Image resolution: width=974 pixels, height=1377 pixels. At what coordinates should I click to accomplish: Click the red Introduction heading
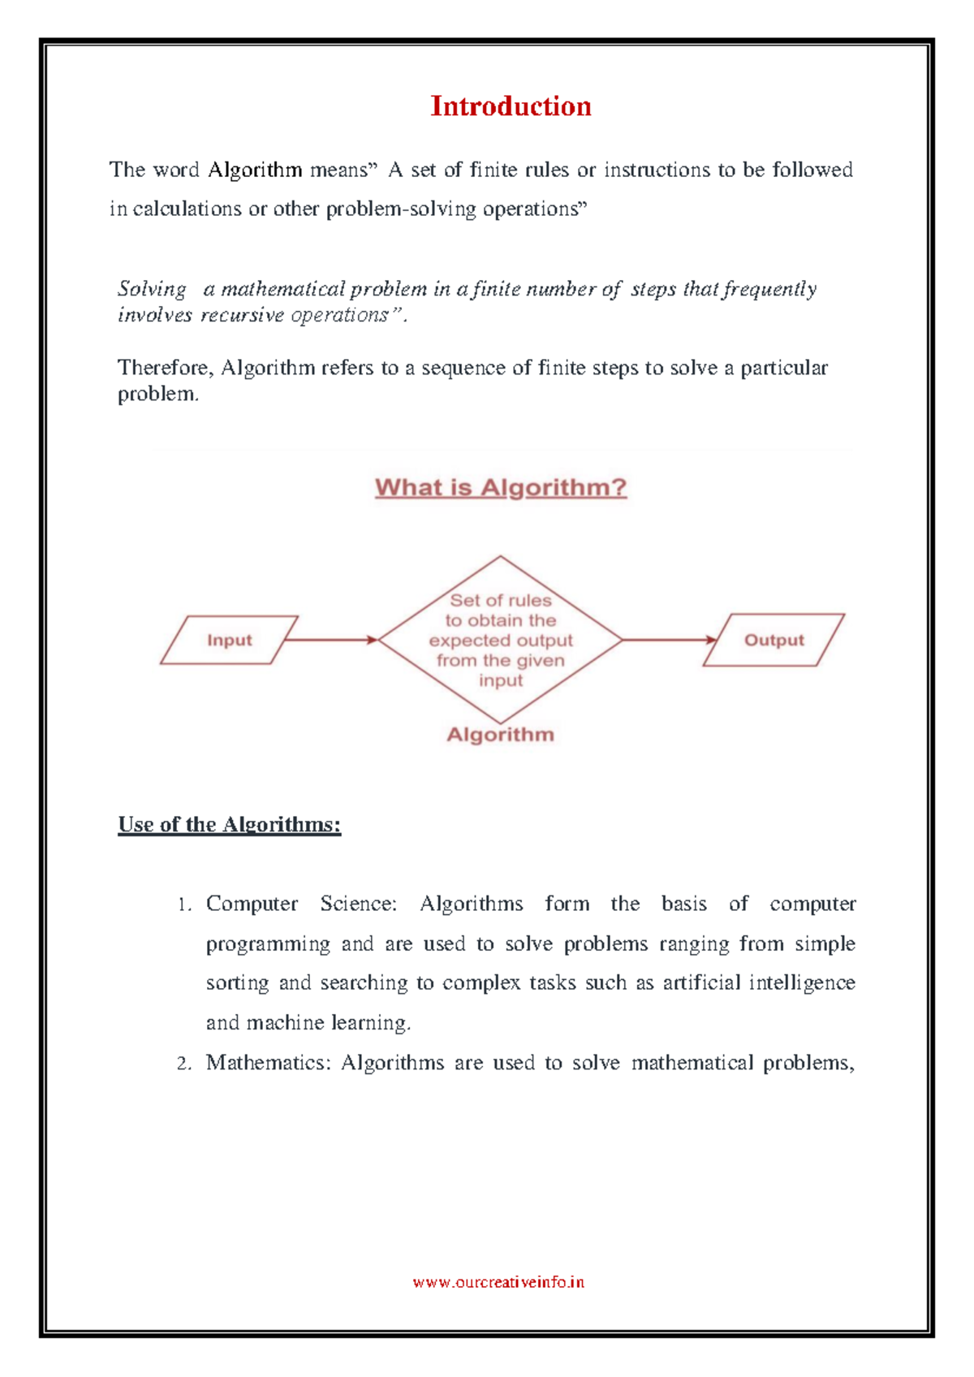[x=511, y=106]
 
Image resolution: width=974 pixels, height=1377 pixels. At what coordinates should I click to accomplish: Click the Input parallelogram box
[x=230, y=641]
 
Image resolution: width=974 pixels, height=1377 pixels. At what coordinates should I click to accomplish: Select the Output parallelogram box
[x=774, y=641]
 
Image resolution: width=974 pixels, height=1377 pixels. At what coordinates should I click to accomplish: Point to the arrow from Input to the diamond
[x=331, y=640]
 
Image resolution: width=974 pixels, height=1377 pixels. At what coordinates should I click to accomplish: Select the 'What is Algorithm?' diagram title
[x=501, y=487]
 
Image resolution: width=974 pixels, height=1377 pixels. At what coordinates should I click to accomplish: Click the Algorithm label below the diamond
[x=501, y=735]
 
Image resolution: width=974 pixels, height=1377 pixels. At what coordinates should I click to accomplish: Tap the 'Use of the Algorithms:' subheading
[x=230, y=825]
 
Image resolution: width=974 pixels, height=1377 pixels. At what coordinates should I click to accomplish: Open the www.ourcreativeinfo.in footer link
[x=498, y=1283]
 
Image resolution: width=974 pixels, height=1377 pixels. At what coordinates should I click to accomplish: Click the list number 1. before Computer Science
[x=184, y=905]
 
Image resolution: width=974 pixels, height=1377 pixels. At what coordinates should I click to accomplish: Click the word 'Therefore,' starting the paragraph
[x=166, y=368]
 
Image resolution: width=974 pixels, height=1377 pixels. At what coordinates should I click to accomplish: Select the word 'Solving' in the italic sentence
[x=152, y=289]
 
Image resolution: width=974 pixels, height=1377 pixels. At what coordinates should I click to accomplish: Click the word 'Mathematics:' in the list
[x=269, y=1063]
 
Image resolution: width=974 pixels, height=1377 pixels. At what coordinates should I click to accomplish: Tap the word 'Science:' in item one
[x=358, y=904]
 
